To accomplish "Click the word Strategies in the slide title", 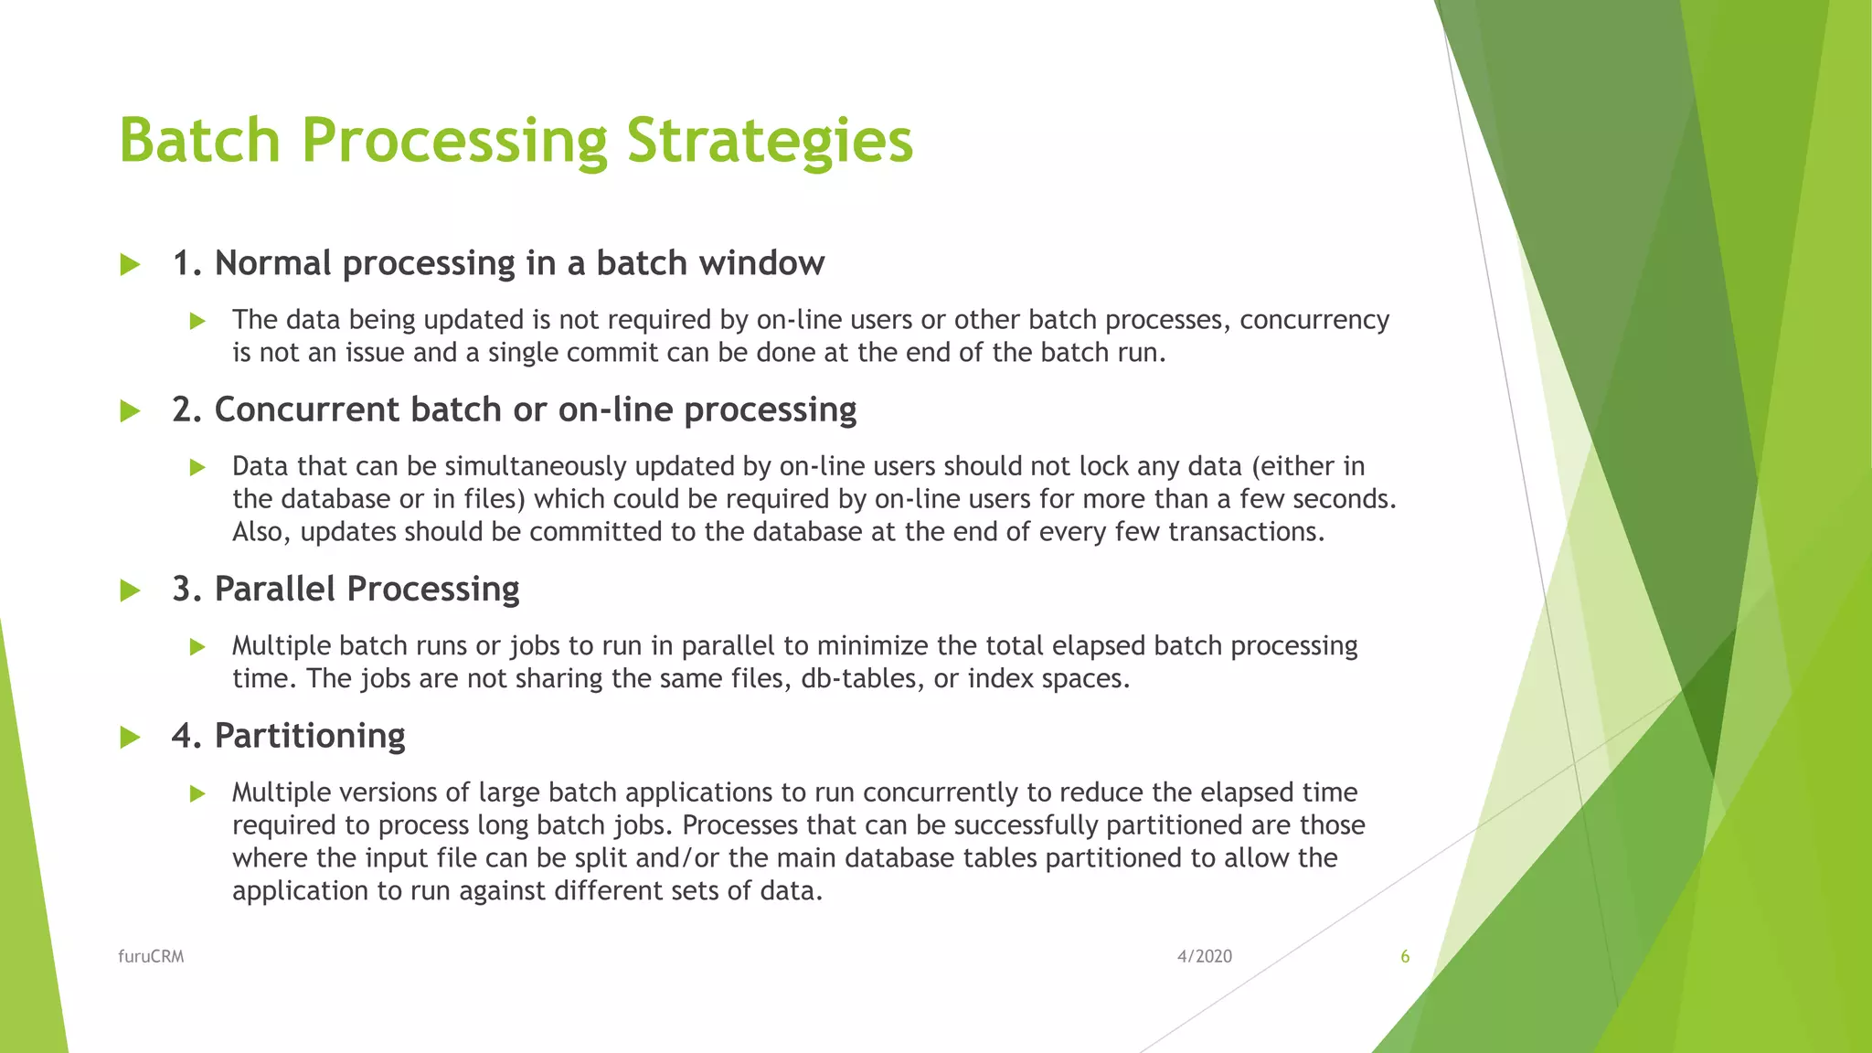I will point(770,142).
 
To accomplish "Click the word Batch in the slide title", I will point(199,142).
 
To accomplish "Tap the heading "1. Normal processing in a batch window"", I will point(498,263).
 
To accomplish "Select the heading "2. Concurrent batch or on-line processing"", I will point(514,409).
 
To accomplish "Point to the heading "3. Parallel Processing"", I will point(346,589).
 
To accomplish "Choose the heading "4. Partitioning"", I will point(288,736).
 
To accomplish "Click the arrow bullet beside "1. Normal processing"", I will point(131,265).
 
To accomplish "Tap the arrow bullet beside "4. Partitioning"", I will point(131,737).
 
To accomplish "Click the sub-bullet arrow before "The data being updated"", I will point(197,321).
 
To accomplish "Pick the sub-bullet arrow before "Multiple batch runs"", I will point(197,647).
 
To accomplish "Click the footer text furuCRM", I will point(151,956).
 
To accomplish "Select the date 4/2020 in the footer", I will point(1204,956).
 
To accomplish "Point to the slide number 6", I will point(1405,956).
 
